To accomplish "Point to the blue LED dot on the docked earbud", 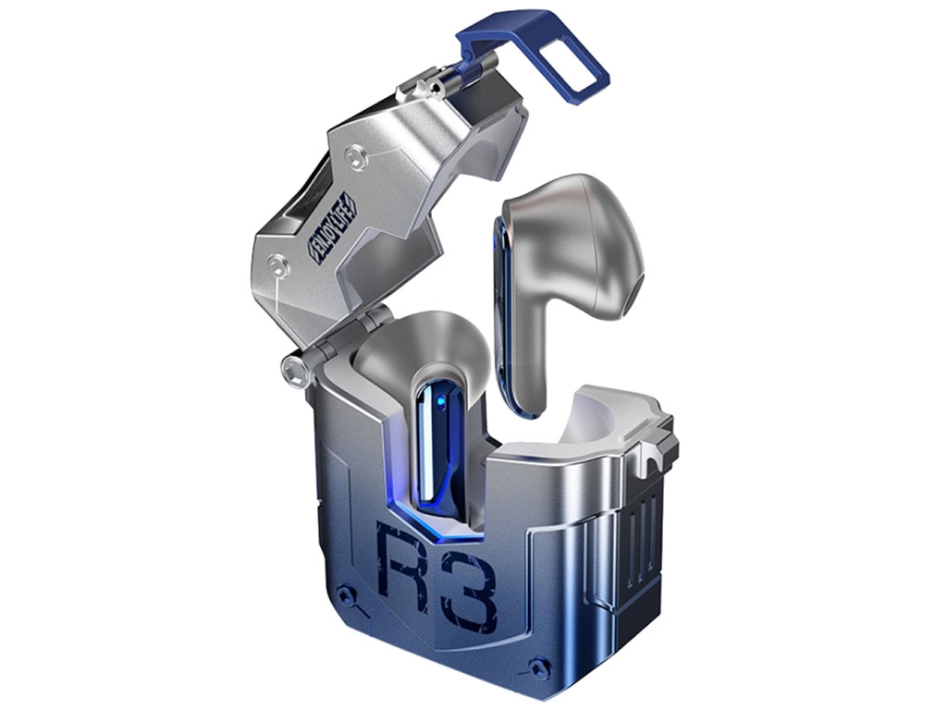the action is [441, 399].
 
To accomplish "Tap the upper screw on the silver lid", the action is [354, 157].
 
